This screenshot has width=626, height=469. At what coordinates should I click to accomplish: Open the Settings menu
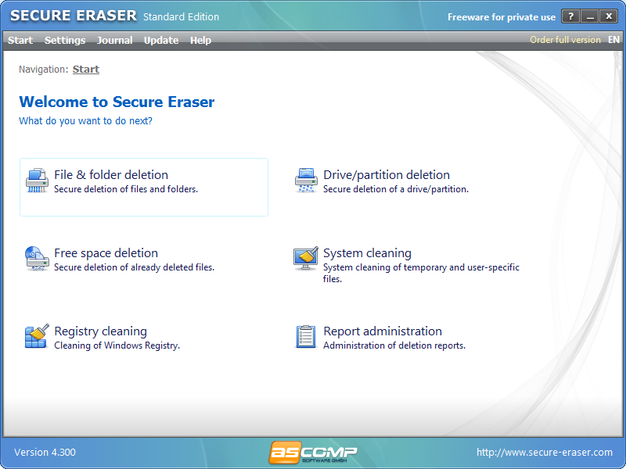click(65, 40)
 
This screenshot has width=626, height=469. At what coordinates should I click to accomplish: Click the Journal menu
click(114, 40)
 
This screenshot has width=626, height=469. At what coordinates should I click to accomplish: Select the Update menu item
click(161, 40)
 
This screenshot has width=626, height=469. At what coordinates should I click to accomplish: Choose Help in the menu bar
click(200, 40)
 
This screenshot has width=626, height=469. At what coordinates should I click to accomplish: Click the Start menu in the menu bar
click(20, 40)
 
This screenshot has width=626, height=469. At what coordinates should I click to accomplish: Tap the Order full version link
click(565, 40)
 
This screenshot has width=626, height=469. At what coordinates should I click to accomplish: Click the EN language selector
click(613, 40)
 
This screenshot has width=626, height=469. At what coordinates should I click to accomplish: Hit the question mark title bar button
click(571, 16)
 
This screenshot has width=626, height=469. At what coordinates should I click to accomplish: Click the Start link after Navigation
click(86, 70)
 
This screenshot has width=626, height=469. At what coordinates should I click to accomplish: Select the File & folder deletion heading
click(111, 175)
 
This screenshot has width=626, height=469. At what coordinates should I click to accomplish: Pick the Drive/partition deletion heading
click(387, 175)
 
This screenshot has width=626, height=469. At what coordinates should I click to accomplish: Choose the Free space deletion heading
click(106, 253)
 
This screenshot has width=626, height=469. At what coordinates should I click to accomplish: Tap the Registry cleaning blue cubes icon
click(36, 337)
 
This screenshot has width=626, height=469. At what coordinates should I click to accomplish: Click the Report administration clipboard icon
click(305, 337)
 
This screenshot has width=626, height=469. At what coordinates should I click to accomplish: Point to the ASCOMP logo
click(313, 453)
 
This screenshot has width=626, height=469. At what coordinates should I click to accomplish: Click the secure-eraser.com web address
click(545, 453)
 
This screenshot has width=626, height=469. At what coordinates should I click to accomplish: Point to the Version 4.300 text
click(45, 453)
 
